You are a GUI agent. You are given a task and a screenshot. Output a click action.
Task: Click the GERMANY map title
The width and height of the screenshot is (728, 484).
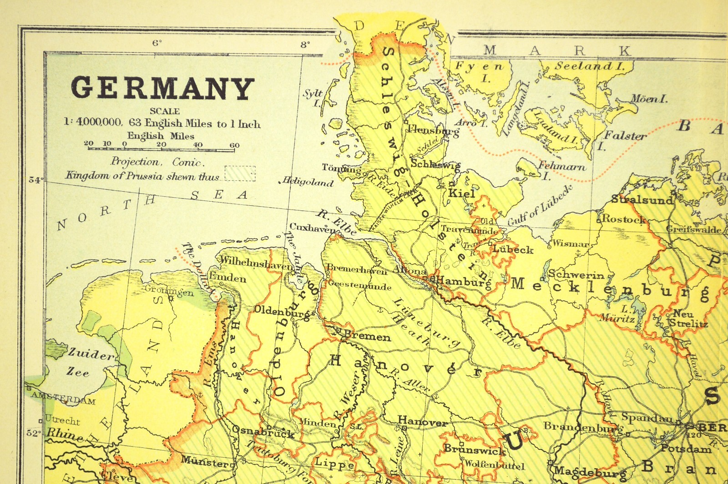(162, 88)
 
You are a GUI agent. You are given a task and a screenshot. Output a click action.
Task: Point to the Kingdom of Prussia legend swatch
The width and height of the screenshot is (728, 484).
(240, 173)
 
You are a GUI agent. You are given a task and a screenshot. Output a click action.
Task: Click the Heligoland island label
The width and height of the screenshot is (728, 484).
(308, 182)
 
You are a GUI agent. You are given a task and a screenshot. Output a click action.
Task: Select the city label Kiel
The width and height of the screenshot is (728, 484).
(461, 193)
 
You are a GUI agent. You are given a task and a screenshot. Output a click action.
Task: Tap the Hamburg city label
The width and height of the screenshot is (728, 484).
(463, 282)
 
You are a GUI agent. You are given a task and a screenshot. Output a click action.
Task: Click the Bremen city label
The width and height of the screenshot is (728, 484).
(367, 336)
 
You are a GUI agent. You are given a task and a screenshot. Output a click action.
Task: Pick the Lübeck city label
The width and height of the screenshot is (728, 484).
(513, 250)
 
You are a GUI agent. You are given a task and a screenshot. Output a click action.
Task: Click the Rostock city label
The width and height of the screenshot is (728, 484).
(623, 219)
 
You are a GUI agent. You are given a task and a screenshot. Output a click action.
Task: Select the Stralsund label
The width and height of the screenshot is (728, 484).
(642, 199)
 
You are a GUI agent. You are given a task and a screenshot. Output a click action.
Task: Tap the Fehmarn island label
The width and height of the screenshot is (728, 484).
(561, 167)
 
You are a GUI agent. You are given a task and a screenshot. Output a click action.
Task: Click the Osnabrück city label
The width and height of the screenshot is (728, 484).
(263, 431)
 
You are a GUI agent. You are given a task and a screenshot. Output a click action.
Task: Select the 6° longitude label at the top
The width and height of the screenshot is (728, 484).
(157, 43)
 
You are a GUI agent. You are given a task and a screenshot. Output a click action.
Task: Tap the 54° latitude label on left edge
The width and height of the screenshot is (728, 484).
(35, 180)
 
